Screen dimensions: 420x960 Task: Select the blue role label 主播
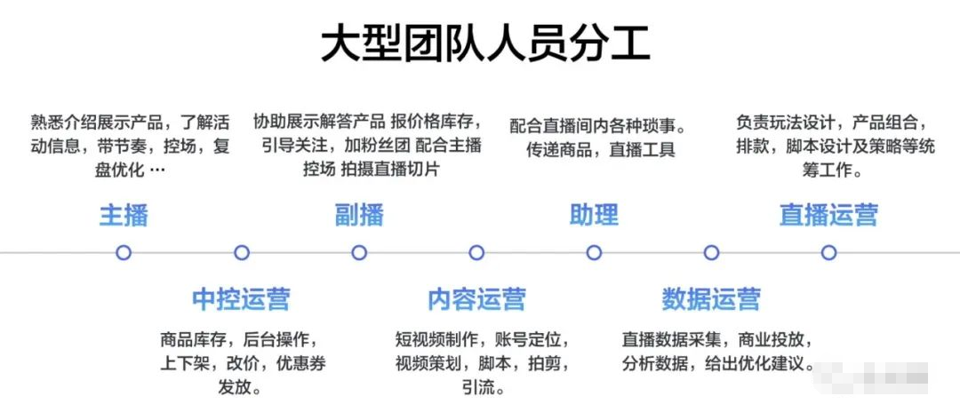(124, 215)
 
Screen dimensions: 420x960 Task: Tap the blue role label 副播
(359, 215)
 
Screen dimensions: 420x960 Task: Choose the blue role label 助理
(594, 215)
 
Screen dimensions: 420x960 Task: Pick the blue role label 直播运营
(828, 215)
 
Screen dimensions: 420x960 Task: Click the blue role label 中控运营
(241, 299)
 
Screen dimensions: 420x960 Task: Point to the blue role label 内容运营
(476, 299)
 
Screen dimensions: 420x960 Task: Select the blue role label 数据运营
(711, 299)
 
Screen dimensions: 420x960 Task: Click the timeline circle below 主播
(124, 253)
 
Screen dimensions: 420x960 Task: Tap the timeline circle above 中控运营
(242, 253)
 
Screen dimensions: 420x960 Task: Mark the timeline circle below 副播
(359, 253)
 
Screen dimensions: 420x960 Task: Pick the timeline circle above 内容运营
(476, 253)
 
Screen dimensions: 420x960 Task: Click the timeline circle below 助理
(594, 253)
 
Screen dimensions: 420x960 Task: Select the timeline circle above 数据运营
(711, 253)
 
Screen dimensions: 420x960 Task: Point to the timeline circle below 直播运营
(828, 253)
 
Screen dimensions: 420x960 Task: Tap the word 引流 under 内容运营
(476, 388)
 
